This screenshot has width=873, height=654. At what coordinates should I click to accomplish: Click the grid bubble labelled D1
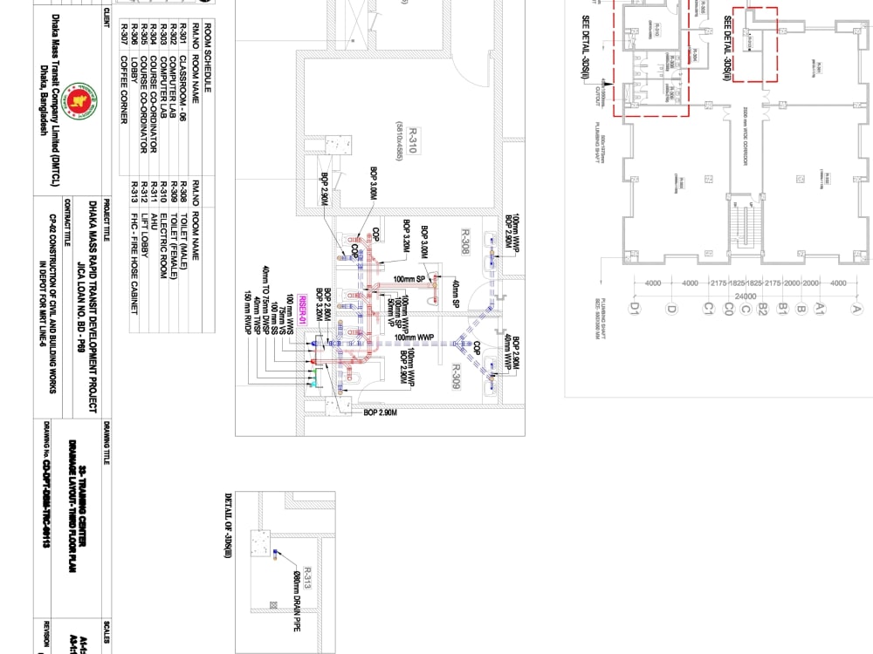[x=635, y=307]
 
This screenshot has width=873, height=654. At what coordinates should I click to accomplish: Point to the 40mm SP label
[x=455, y=293]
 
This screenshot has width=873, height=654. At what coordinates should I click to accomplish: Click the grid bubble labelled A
[x=857, y=307]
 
